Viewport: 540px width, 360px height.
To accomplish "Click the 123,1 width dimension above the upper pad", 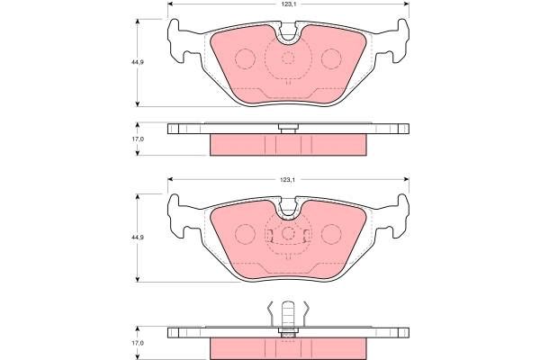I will click(288, 4).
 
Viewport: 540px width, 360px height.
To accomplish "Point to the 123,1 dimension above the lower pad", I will click(288, 181).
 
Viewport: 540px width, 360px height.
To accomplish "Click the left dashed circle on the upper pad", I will click(245, 58).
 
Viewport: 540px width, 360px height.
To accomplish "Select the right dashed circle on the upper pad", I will click(331, 58).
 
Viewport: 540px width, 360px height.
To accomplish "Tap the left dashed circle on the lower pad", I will click(245, 235).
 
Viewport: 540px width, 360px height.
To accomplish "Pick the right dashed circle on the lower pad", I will click(331, 235).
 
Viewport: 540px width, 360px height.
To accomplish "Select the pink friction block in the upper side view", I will click(288, 144).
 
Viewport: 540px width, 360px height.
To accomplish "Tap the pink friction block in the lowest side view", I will click(288, 347).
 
